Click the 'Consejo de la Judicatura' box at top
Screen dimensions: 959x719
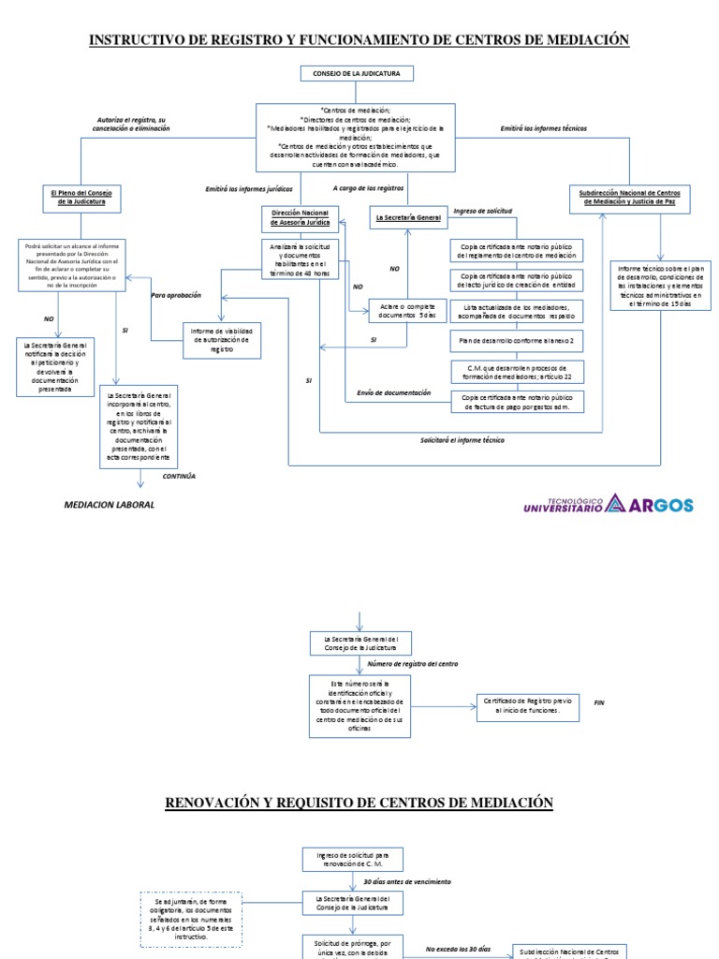pos(356,74)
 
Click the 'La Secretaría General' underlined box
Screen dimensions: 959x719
pos(407,217)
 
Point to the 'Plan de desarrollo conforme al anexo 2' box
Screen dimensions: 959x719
pos(517,340)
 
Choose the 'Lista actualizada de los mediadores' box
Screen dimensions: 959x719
pos(517,310)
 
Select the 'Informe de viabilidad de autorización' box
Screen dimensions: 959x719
pos(222,340)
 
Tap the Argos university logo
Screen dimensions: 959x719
pos(608,504)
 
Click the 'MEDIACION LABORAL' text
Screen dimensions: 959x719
pos(109,505)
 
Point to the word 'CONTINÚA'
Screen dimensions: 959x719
pos(179,476)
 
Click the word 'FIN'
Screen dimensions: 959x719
pos(600,701)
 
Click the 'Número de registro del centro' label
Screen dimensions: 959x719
pos(412,663)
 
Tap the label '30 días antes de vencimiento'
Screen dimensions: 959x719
pos(407,882)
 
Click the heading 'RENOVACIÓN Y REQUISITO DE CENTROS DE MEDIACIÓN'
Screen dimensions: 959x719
pos(359,803)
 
